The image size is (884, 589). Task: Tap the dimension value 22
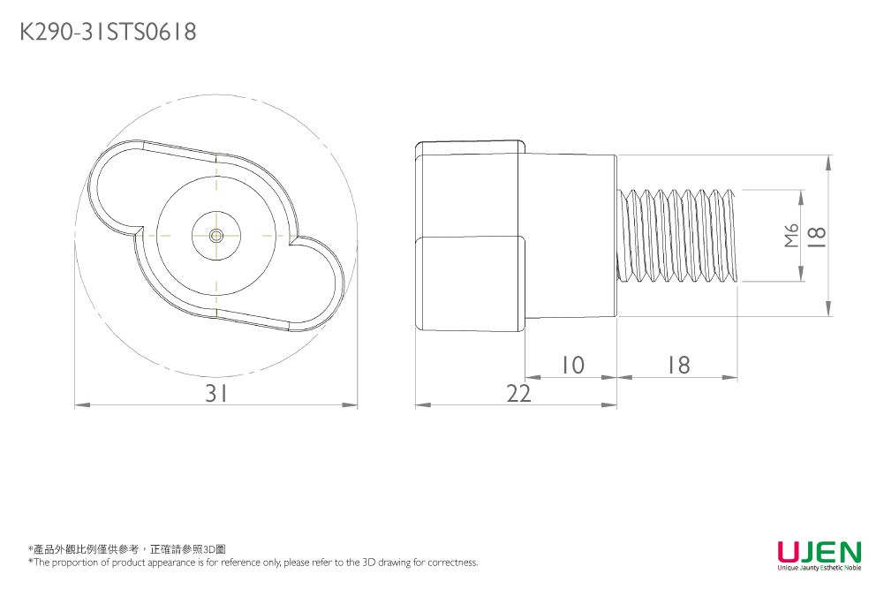pos(519,394)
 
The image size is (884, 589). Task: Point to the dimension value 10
pos(572,365)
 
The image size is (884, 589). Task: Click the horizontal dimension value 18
pos(678,365)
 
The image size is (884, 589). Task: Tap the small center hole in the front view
pos(215,235)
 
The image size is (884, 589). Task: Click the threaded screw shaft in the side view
pos(680,235)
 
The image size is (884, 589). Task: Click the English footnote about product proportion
pos(253,563)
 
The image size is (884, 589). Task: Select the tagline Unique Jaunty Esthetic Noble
pos(819,568)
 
